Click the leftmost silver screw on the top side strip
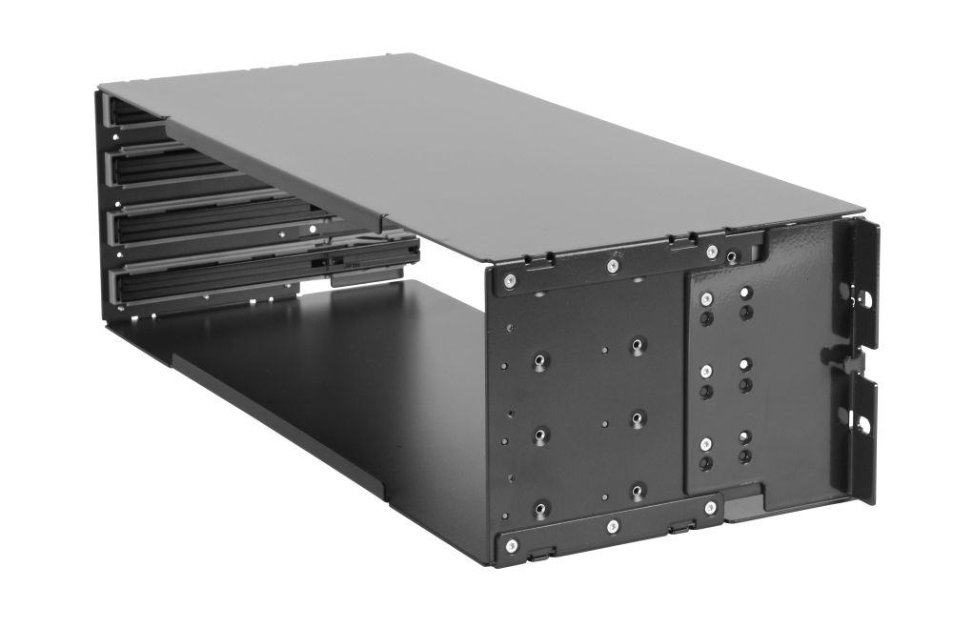(510, 280)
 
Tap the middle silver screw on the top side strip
(615, 266)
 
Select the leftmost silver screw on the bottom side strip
(512, 545)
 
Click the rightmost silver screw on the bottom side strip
(711, 509)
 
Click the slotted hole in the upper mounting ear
(868, 296)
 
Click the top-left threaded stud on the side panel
(540, 360)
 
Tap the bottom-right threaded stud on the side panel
(638, 490)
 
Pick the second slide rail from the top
(162, 170)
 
